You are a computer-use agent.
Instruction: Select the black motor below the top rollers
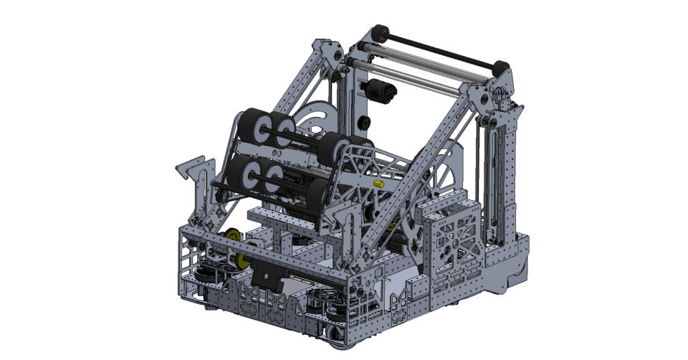tap(381, 91)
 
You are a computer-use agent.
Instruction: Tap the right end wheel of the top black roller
tap(500, 69)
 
